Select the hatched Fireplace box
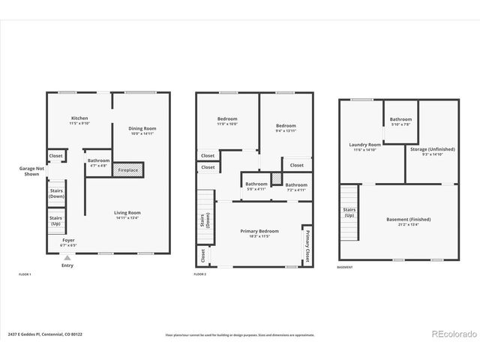(128, 170)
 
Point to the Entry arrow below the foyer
(67, 257)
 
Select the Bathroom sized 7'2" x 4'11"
(296, 187)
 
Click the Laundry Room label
(364, 146)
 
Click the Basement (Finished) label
(408, 220)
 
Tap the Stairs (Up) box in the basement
(348, 212)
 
